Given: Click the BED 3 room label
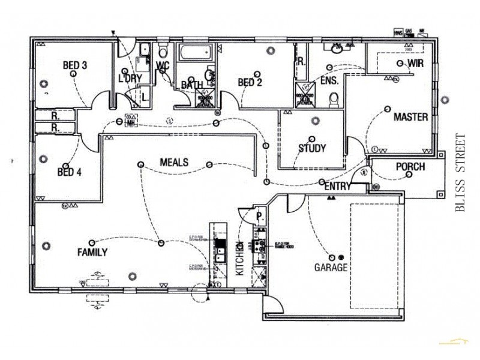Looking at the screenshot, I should (76, 64).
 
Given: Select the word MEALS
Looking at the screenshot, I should (174, 163).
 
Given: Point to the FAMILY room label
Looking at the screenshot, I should (92, 253).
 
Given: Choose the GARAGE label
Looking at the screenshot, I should (331, 268).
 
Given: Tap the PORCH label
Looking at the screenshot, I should (410, 167).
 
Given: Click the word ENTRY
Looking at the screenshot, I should (337, 187).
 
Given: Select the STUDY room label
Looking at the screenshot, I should (312, 148).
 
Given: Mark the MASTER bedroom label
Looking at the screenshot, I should (410, 117).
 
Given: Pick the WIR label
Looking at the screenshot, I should (416, 63).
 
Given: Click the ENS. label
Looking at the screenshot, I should (330, 80).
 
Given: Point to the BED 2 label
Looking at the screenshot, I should (250, 83).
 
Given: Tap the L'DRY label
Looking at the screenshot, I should (129, 79).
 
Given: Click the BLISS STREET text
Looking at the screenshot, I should (460, 173).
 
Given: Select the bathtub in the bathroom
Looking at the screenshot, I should (193, 55).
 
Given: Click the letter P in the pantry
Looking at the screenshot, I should (259, 216).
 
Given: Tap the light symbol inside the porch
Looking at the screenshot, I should (408, 175).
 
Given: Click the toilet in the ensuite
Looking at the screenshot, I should (335, 98).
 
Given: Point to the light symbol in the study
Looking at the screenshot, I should (314, 122).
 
